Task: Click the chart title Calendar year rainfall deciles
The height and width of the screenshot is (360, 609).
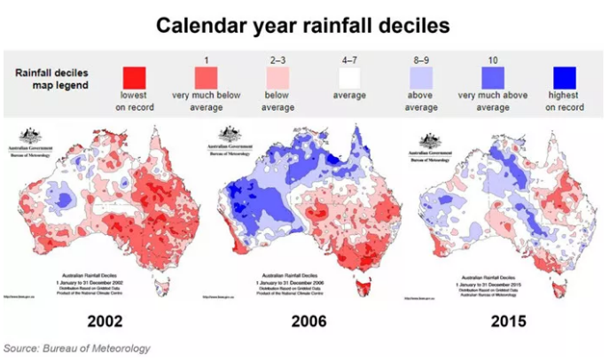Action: pyautogui.click(x=303, y=25)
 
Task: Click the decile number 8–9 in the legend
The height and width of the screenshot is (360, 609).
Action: pyautogui.click(x=420, y=59)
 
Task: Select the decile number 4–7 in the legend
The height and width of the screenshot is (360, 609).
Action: pyautogui.click(x=349, y=59)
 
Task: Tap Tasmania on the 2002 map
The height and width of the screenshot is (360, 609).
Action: pyautogui.click(x=161, y=286)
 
